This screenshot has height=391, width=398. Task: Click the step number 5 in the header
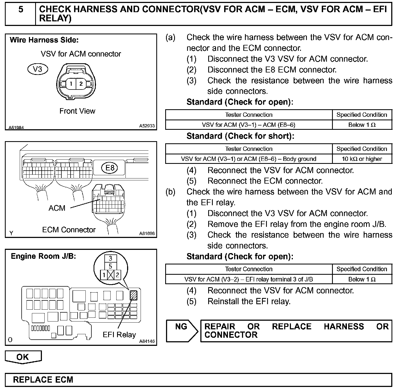click(x=21, y=10)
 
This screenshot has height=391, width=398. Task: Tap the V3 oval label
click(x=38, y=69)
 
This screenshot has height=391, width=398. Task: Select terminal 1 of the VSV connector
click(x=71, y=84)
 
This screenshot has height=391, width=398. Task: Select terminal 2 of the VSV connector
click(x=81, y=84)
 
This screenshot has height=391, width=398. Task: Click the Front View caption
click(x=77, y=111)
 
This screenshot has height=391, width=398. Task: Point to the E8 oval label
click(x=110, y=168)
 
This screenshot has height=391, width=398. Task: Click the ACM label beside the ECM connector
click(x=57, y=208)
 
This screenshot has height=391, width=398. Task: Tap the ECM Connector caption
click(x=69, y=230)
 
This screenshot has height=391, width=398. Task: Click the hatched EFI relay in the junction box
click(x=134, y=295)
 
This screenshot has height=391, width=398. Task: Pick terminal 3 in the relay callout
click(x=110, y=258)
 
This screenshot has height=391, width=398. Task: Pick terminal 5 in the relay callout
click(x=110, y=266)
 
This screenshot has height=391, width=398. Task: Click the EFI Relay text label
click(x=119, y=335)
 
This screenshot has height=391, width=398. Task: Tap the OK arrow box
click(x=23, y=357)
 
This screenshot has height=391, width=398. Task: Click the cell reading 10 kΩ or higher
click(x=362, y=159)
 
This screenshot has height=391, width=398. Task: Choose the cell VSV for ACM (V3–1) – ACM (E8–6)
click(x=248, y=125)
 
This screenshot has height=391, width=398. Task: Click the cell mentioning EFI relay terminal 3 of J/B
click(x=248, y=279)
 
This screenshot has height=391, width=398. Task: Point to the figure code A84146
click(x=147, y=341)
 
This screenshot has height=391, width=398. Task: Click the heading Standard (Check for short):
click(x=240, y=136)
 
